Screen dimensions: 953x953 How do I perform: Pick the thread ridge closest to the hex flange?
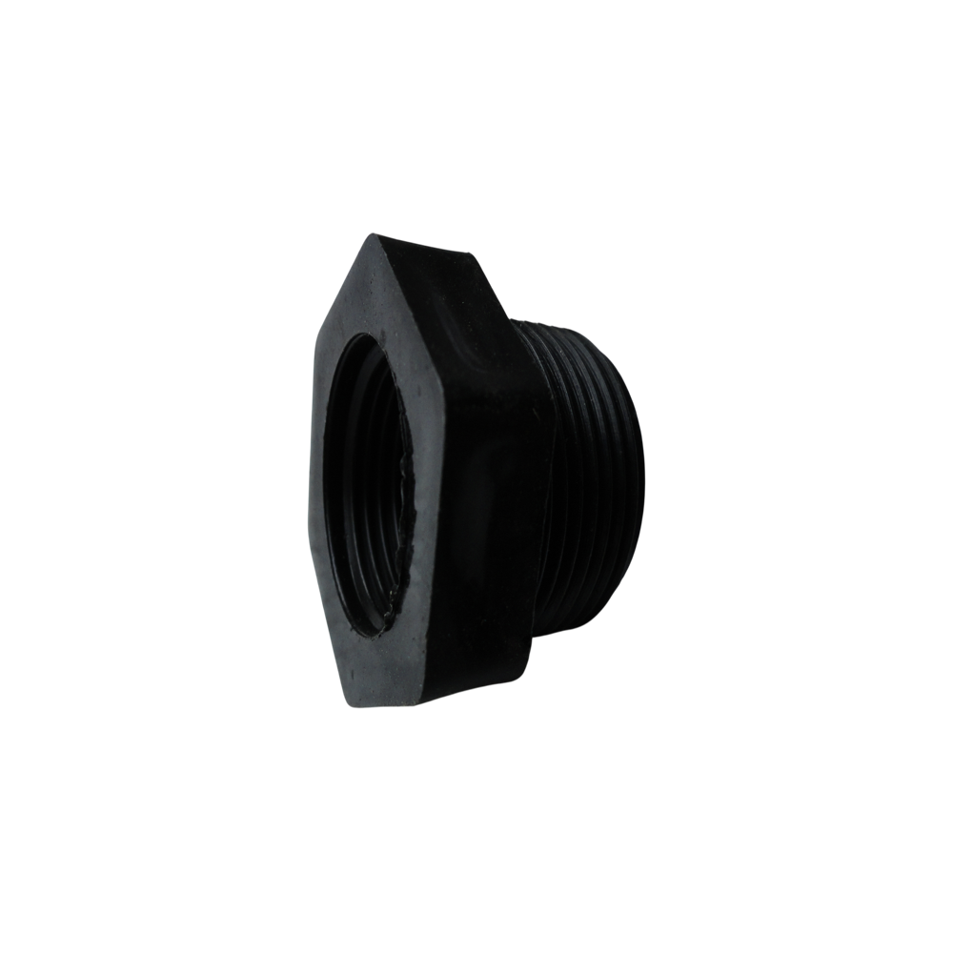click(558, 476)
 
